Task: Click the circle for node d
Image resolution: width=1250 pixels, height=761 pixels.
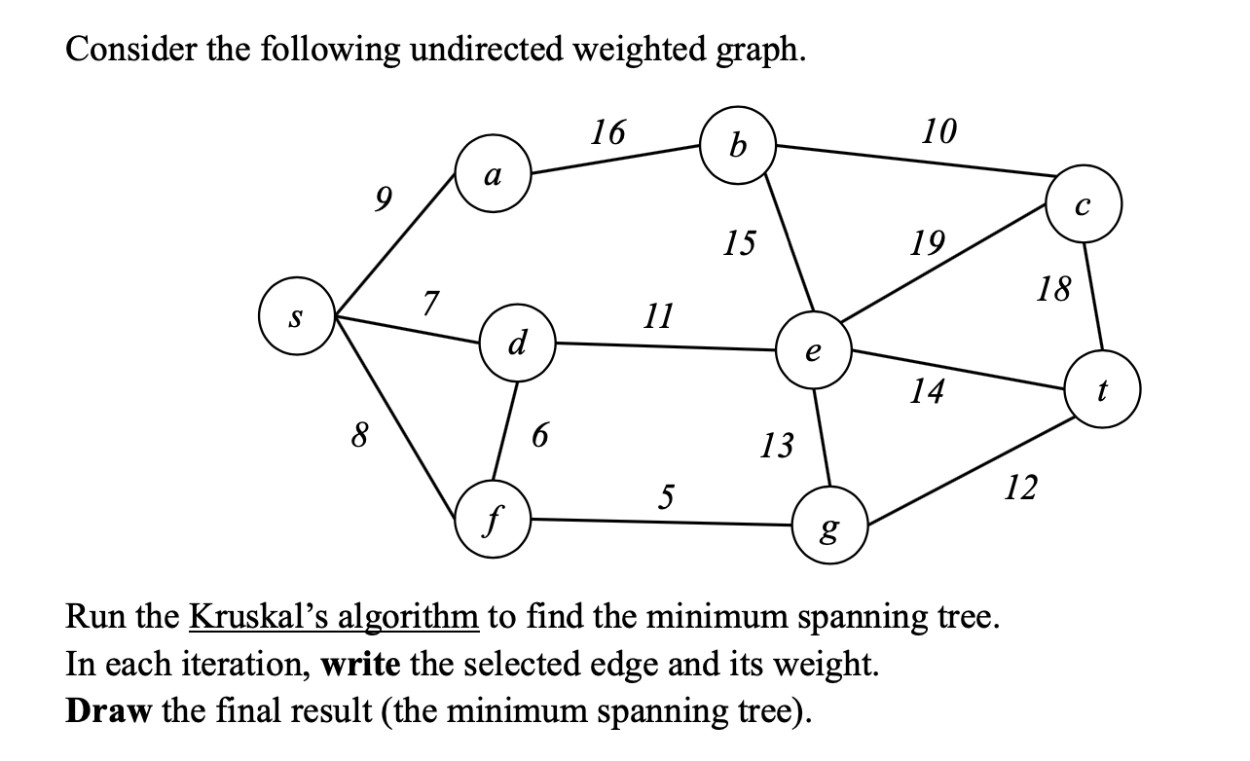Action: tap(519, 343)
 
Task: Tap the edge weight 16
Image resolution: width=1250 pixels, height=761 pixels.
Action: tap(608, 132)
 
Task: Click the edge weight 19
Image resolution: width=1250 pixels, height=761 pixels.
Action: tap(927, 240)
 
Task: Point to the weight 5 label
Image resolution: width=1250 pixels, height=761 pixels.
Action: tap(665, 497)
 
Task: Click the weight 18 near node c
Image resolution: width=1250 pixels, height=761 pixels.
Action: tap(1052, 289)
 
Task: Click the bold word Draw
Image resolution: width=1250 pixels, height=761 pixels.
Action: tap(107, 710)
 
